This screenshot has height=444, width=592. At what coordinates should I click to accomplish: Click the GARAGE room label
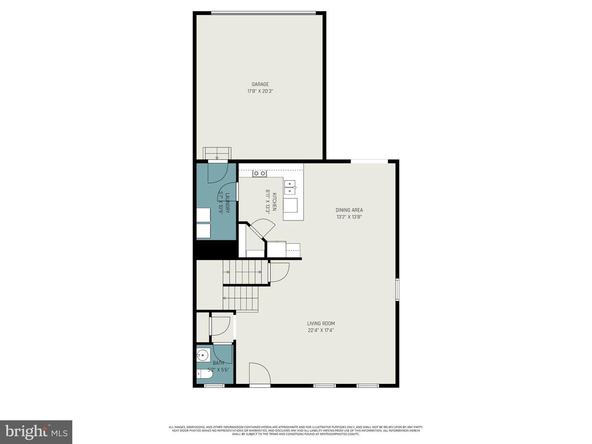260,84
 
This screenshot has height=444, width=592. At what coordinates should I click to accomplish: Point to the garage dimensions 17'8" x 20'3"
260,91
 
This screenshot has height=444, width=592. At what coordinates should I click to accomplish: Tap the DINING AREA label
349,210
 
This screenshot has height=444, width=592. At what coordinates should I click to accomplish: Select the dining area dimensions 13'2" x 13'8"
349,217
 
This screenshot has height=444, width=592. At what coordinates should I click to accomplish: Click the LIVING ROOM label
321,324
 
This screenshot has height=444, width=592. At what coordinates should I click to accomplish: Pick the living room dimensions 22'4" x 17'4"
321,330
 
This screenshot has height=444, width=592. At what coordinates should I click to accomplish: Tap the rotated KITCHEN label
274,201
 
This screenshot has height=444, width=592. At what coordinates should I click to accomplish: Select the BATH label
218,363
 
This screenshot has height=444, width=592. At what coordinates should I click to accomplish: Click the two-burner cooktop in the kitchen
259,173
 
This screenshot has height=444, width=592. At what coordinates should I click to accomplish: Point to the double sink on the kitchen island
290,187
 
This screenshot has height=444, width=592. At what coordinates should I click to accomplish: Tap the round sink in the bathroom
203,355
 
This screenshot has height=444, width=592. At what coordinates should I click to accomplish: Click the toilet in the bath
204,374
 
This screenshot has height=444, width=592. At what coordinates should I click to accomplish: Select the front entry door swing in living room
259,374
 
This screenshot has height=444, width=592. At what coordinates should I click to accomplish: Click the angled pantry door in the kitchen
263,229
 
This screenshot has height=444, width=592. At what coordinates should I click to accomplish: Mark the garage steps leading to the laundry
217,153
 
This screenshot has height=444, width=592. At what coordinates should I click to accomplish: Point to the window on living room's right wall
397,289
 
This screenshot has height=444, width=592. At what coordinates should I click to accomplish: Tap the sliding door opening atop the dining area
369,161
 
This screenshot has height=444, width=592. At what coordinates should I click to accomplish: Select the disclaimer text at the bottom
296,430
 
